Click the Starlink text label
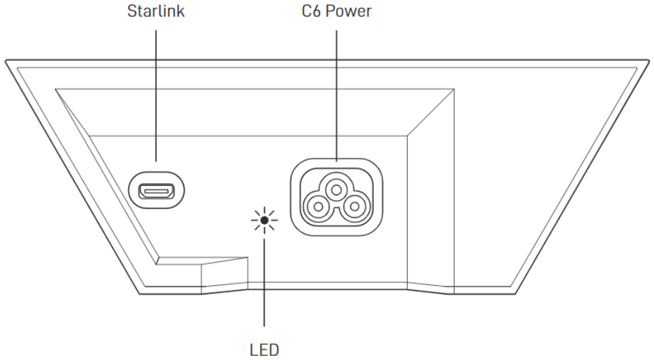pyautogui.click(x=155, y=12)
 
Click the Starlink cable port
pyautogui.click(x=157, y=191)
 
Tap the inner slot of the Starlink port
pyautogui.click(x=157, y=191)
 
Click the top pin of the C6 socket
pyautogui.click(x=336, y=185)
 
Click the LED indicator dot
pyautogui.click(x=264, y=221)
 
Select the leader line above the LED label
pyautogui.click(x=264, y=286)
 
